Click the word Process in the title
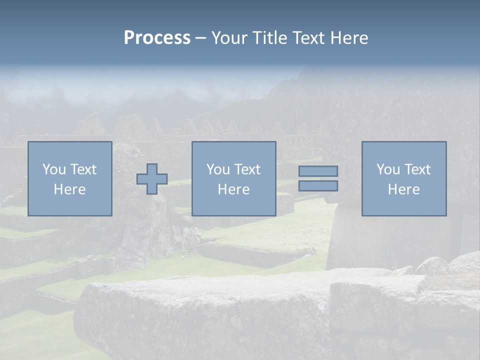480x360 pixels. pos(157,38)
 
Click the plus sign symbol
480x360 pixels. pos(152,179)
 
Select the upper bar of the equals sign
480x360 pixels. pos(318,171)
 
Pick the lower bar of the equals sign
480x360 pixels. pos(318,186)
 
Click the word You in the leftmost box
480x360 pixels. pos(54,169)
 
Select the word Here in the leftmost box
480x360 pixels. pos(69,189)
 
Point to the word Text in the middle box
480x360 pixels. pos(247,169)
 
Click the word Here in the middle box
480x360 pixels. pos(233,189)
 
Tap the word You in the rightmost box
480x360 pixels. pos(388,169)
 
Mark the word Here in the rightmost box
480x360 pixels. pos(403,189)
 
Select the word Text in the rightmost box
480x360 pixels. pos(417,169)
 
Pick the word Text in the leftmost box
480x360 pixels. pos(83,169)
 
